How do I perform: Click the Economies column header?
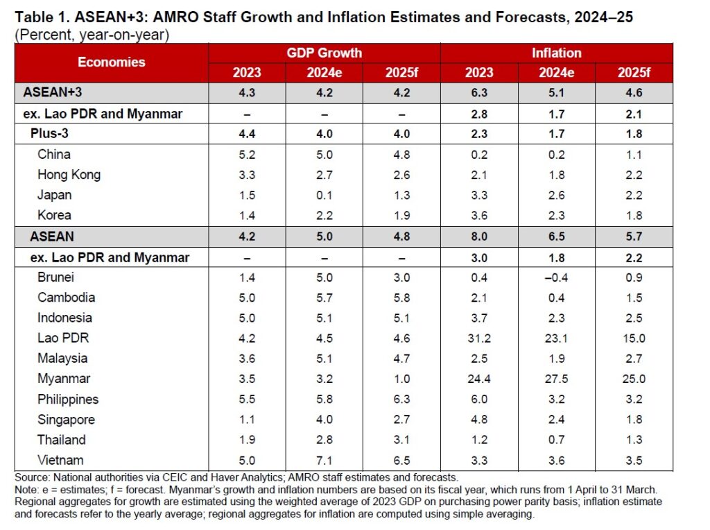pyautogui.click(x=112, y=62)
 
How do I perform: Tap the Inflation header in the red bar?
pyautogui.click(x=556, y=53)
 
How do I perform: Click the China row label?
pyautogui.click(x=54, y=154)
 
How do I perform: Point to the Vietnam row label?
pyautogui.click(x=60, y=460)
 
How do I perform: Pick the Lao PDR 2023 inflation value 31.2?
pyautogui.click(x=479, y=338)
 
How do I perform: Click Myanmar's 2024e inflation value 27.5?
pyautogui.click(x=556, y=379)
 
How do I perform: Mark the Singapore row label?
pyautogui.click(x=66, y=419)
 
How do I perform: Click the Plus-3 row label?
pyautogui.click(x=52, y=134)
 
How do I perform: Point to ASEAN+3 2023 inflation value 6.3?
pyautogui.click(x=479, y=93)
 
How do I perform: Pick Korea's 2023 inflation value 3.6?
pyautogui.click(x=479, y=215)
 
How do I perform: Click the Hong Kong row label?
pyautogui.click(x=69, y=175)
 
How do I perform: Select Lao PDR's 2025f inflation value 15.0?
pyautogui.click(x=634, y=338)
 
